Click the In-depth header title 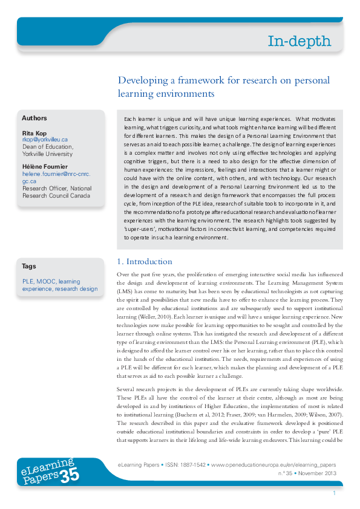pyautogui.click(x=299, y=41)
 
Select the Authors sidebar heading pyautogui.click(x=34, y=118)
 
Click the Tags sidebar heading pyautogui.click(x=28, y=266)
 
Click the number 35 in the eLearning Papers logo pyautogui.click(x=70, y=476)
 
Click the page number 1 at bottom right pyautogui.click(x=334, y=494)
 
